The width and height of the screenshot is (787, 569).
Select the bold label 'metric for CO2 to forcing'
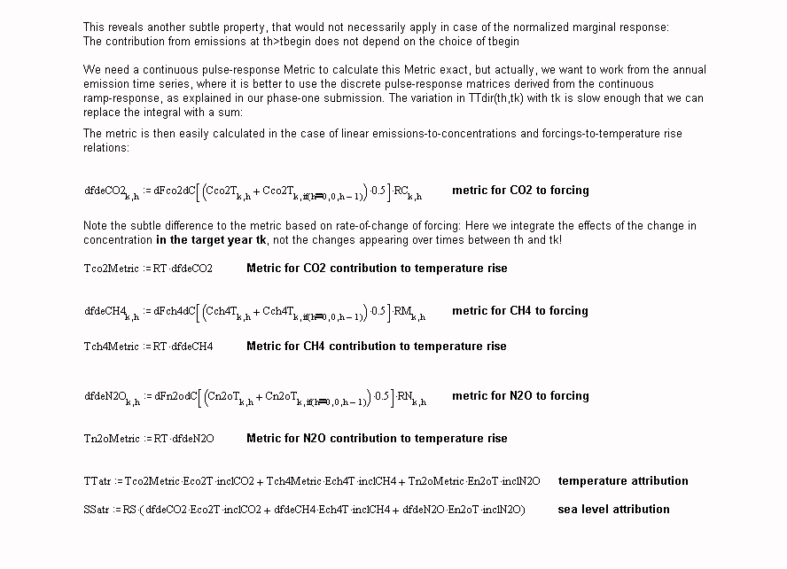(x=520, y=191)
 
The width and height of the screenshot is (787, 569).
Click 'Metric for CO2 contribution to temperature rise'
(x=377, y=269)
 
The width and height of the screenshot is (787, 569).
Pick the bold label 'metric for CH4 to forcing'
(x=520, y=311)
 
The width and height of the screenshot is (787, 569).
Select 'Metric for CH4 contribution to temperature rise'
(x=377, y=347)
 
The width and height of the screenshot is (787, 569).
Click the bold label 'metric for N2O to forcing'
(x=520, y=396)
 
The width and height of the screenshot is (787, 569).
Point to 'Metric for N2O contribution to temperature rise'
(x=377, y=439)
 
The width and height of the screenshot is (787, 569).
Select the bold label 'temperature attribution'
(x=623, y=481)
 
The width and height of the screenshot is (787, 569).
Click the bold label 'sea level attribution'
(x=613, y=510)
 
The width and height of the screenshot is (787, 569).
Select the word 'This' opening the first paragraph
(x=95, y=27)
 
